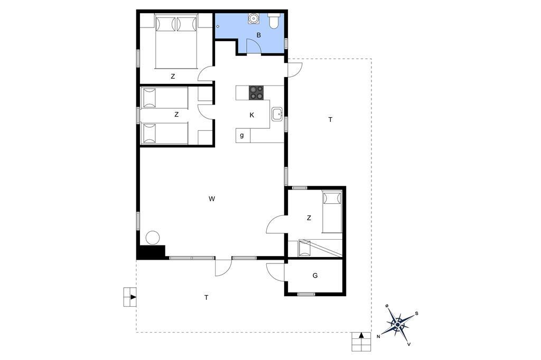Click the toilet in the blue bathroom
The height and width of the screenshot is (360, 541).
(275, 21)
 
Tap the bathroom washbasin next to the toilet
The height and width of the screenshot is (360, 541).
(254, 18)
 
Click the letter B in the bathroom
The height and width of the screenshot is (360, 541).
(258, 35)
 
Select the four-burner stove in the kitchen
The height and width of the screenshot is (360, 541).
(256, 92)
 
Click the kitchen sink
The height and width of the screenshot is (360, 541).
(277, 114)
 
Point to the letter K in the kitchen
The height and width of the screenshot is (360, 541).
(251, 115)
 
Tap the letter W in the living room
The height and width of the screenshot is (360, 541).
(212, 198)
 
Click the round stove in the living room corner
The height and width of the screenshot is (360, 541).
(153, 238)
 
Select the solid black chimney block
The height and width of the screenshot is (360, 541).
(151, 252)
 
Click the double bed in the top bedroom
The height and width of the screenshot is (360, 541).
(176, 41)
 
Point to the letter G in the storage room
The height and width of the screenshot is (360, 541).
(315, 276)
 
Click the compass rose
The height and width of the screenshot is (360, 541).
(398, 325)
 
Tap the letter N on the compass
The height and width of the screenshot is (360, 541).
(378, 337)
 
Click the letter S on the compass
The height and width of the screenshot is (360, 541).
(417, 314)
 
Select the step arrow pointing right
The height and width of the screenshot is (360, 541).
(133, 297)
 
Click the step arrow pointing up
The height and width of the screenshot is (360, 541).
(361, 335)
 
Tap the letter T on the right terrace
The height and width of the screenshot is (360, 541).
(331, 120)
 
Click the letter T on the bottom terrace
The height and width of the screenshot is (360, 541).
(207, 297)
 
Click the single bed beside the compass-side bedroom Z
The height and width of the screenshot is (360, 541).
(332, 212)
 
